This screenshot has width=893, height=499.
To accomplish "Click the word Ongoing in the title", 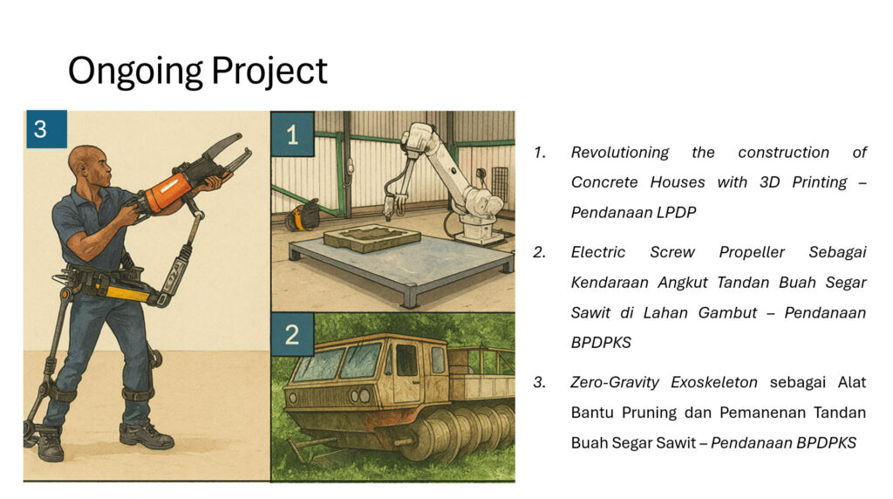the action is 135,72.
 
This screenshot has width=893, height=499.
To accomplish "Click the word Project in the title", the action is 269,72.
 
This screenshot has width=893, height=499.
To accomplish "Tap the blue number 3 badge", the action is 46,129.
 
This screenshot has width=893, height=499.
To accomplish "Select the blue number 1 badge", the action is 293,134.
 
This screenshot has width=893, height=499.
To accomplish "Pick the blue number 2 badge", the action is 292,334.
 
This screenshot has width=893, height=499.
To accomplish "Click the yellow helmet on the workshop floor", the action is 303,215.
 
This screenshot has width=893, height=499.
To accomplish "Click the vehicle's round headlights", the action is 360,395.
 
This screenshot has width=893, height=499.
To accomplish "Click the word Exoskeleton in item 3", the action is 714,382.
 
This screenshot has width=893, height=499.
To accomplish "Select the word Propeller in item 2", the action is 752,252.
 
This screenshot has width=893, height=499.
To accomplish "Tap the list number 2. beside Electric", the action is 539,252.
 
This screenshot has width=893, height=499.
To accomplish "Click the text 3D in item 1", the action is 769,182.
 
